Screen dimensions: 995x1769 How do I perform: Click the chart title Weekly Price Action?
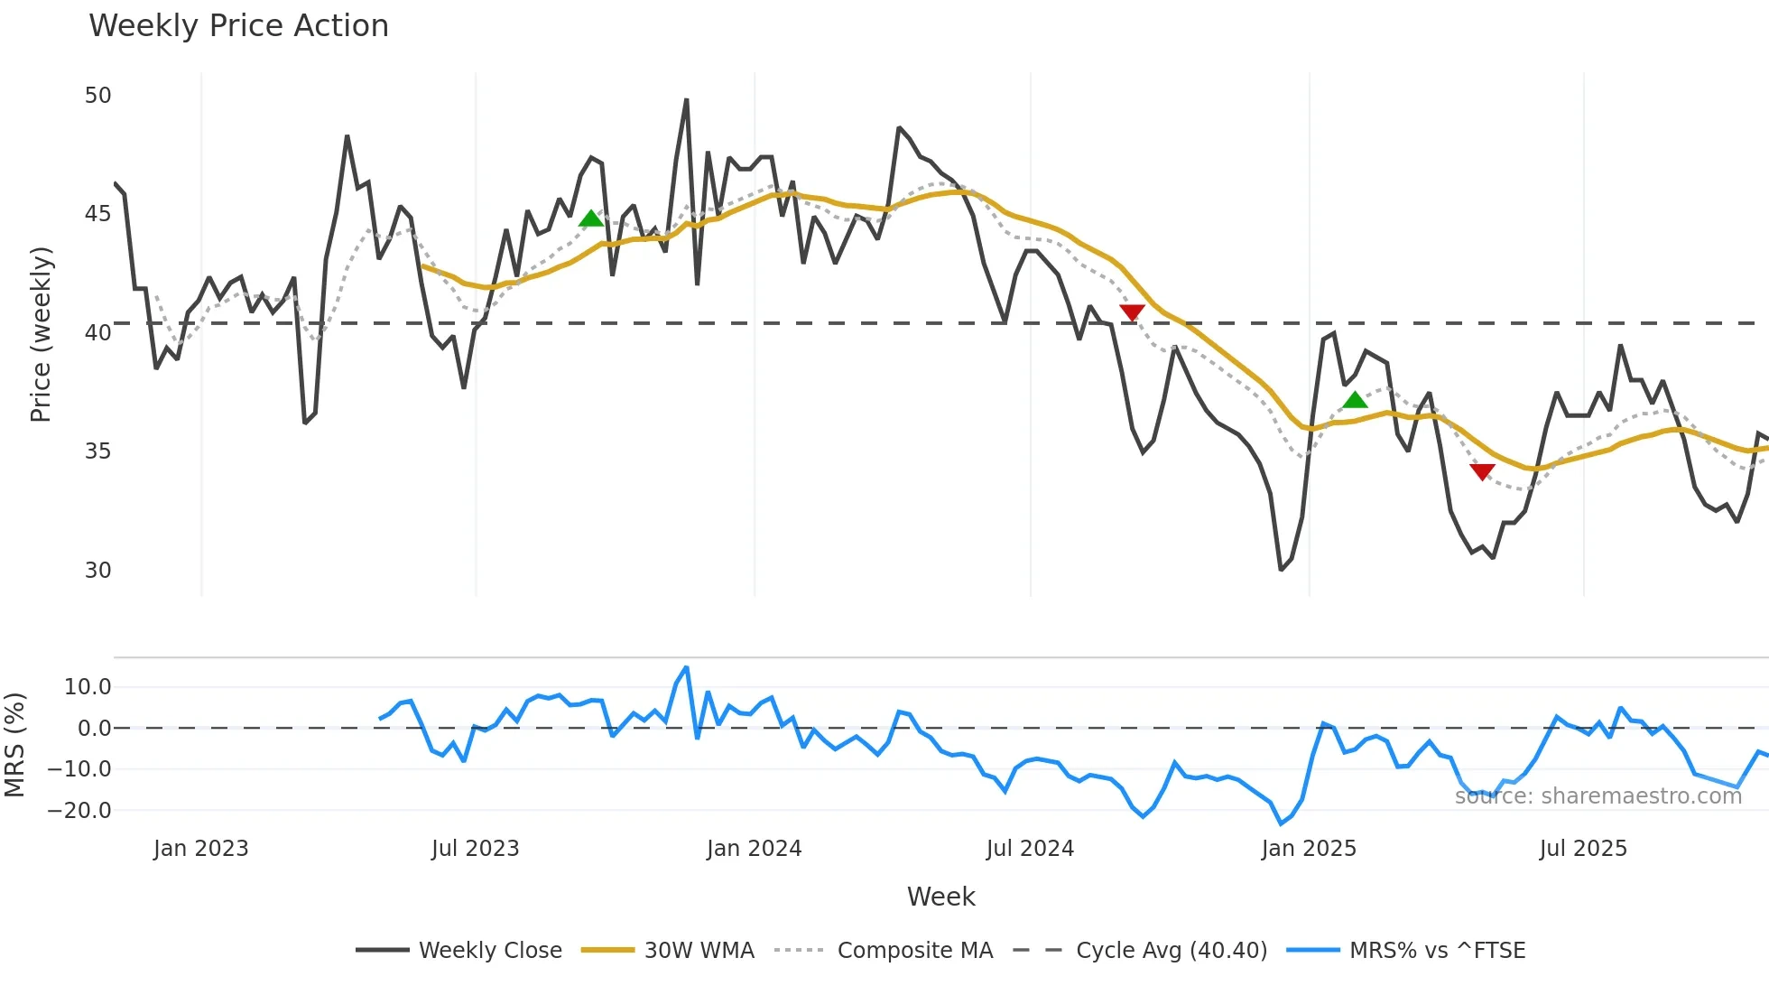tap(238, 26)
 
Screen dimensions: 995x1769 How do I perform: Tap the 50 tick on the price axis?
tap(97, 96)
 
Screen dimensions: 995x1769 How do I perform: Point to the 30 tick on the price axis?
tap(97, 571)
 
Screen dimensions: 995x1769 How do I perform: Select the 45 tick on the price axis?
tap(97, 214)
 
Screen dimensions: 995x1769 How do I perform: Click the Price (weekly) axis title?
tap(41, 334)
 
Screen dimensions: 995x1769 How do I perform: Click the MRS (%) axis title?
tap(14, 745)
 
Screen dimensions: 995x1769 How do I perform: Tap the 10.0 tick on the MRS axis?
tap(88, 687)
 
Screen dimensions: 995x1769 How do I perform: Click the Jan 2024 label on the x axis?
tap(754, 849)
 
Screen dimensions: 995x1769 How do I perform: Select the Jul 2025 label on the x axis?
tap(1583, 849)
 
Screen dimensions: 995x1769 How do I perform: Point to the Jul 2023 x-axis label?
tap(475, 849)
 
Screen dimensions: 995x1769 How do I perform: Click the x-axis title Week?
tap(940, 897)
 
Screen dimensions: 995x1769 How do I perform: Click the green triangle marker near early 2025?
tap(1355, 400)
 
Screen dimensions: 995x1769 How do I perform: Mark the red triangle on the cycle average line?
tap(1132, 312)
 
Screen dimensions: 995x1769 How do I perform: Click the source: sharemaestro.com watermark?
tap(1598, 796)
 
